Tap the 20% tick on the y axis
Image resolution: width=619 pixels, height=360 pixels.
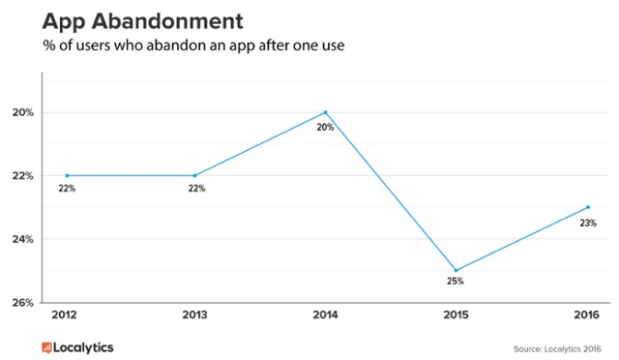coord(23,112)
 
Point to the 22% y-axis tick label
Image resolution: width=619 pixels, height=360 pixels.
coord(23,175)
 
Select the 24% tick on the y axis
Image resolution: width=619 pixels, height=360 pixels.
coord(23,239)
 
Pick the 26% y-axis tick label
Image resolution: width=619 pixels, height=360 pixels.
coord(23,302)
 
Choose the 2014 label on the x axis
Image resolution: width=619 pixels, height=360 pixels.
coord(325,316)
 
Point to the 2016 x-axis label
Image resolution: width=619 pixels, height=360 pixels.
coord(584,316)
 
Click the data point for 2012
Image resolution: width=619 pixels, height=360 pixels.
coord(67,175)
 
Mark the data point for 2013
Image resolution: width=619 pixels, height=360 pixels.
coord(195,175)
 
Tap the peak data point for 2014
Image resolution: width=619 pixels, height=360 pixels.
coord(326,112)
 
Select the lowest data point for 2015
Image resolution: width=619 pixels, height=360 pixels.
coord(456,270)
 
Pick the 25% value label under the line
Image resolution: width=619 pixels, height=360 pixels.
coord(456,282)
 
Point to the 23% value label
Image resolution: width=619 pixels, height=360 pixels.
coord(588,223)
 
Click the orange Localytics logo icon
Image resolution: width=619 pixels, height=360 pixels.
coord(45,345)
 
